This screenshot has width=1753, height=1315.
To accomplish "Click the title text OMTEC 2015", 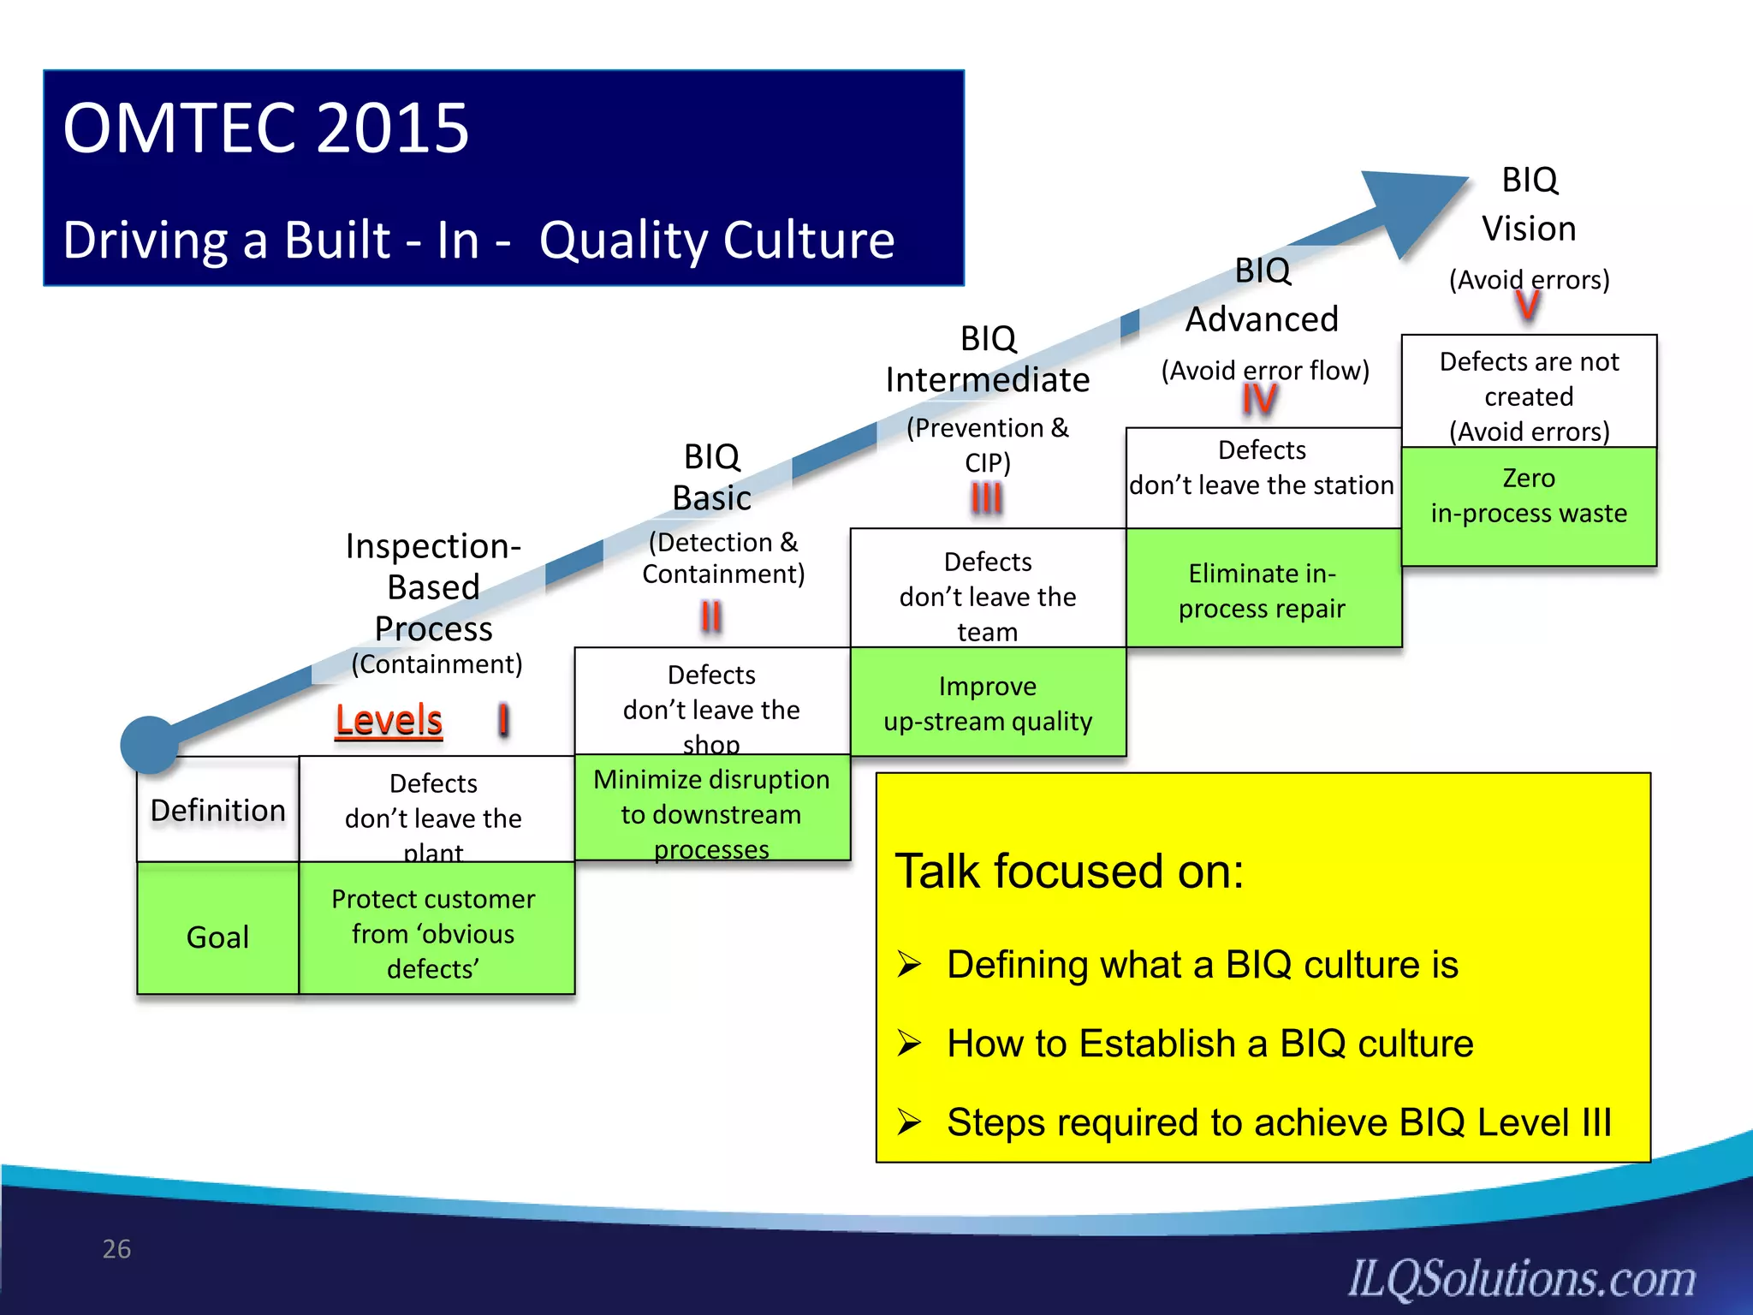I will coord(265,128).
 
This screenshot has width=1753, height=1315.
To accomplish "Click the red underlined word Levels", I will coord(389,720).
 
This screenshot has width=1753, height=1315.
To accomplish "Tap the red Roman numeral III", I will coord(986,497).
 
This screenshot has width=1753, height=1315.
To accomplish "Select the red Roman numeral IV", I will coord(1260,399).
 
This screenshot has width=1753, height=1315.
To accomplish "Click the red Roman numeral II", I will coord(710,616).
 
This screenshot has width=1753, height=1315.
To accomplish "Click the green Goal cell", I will coord(218,936).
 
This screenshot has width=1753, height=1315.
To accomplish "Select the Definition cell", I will coord(218,810).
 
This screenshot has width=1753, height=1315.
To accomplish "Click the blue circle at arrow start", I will coord(150,745).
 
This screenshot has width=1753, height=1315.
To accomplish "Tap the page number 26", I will coord(116,1249).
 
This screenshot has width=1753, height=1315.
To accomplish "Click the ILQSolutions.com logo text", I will coord(1522,1279).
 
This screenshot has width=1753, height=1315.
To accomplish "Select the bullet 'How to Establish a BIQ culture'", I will coord(1209,1044).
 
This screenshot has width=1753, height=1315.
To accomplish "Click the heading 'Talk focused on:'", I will coord(1068,872).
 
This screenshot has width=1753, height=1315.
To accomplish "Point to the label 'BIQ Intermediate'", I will coord(988,360).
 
